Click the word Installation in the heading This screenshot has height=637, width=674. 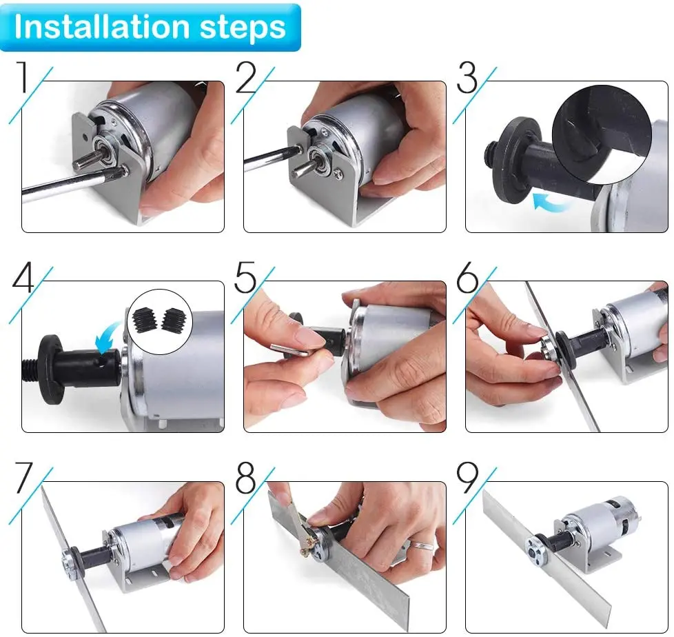click(x=101, y=27)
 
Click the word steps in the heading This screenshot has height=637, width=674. click(x=243, y=28)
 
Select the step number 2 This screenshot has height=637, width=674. click(x=247, y=77)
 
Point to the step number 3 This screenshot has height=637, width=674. click(x=467, y=77)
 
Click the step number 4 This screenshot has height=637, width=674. click(x=23, y=277)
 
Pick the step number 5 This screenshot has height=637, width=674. click(x=245, y=277)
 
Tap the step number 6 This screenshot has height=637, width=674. click(x=467, y=277)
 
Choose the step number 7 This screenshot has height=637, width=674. click(x=23, y=478)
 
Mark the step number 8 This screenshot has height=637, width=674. click(x=245, y=478)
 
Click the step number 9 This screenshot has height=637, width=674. click(x=467, y=478)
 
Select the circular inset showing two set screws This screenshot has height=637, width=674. click(x=161, y=322)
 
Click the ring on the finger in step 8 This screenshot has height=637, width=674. click(x=420, y=545)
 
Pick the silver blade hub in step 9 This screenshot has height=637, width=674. click(x=535, y=550)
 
